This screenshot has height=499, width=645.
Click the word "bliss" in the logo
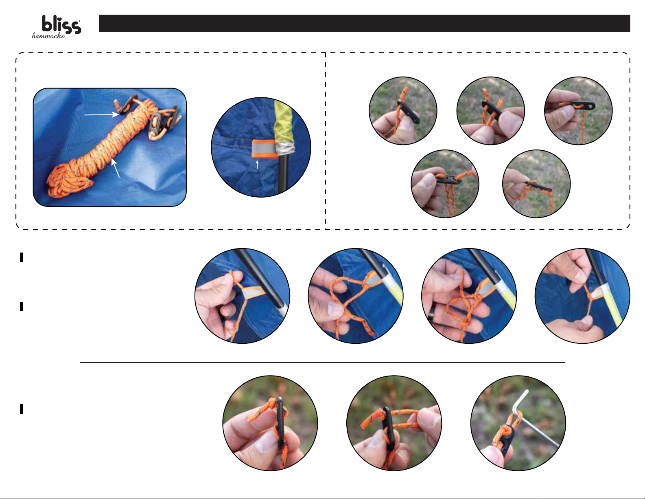[61, 25]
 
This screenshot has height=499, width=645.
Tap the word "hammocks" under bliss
[48, 36]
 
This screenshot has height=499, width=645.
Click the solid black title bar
[365, 23]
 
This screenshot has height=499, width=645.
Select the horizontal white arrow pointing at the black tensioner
[101, 114]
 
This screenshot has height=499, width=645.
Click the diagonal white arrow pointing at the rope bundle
[116, 168]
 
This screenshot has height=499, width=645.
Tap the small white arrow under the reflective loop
[257, 165]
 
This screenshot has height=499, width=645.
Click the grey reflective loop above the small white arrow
[262, 149]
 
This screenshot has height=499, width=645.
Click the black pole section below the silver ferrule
[283, 173]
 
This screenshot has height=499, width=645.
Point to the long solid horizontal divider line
[322, 363]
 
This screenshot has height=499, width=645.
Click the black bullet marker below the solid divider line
[22, 409]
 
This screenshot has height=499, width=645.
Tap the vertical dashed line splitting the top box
[326, 141]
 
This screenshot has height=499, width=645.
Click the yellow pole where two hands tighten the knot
[610, 306]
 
